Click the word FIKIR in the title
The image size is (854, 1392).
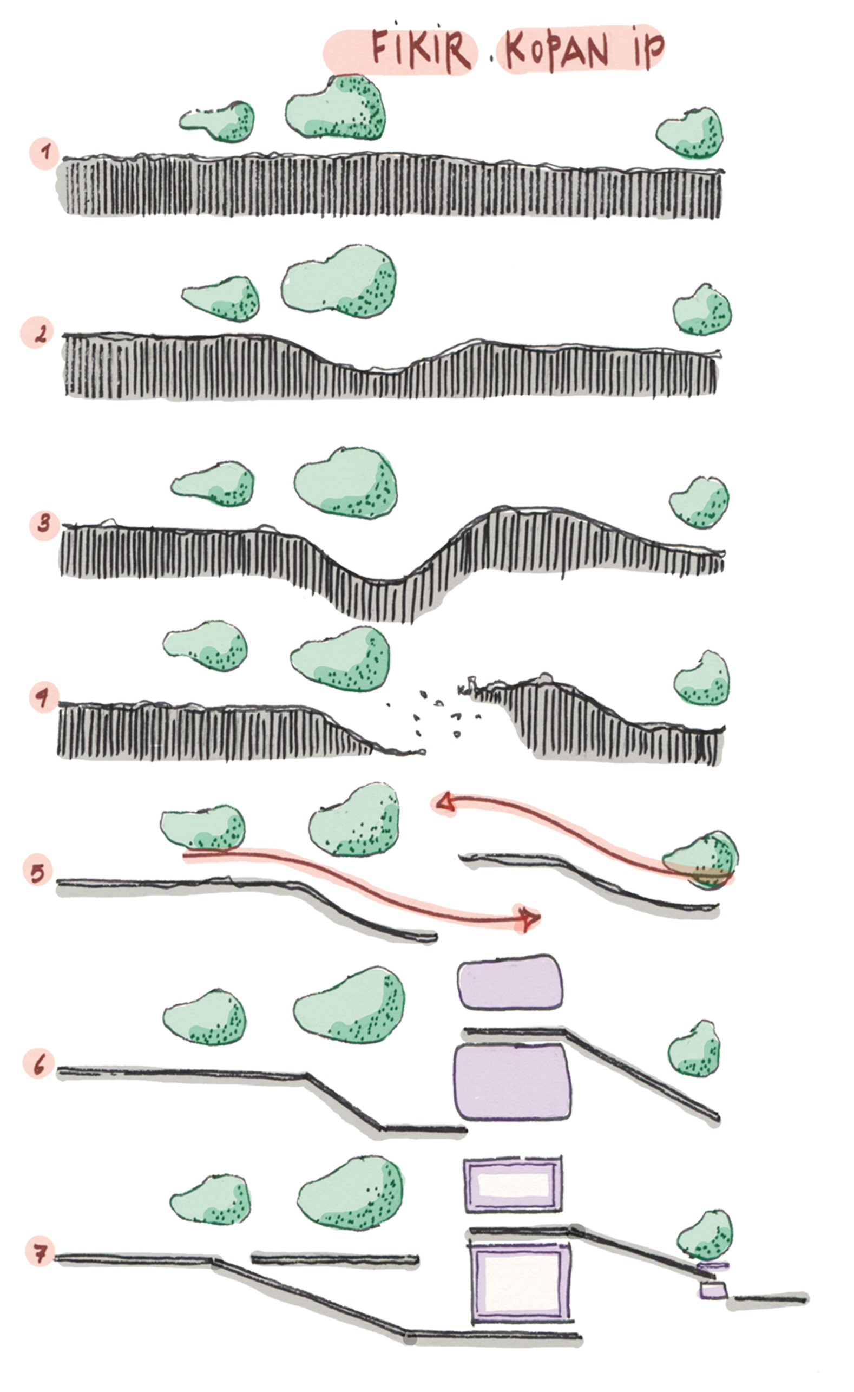tap(421, 50)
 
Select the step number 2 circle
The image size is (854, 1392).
tap(37, 333)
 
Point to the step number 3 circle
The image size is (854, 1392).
tap(44, 524)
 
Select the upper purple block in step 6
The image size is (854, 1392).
tap(510, 982)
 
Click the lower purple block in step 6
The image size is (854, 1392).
tap(513, 1082)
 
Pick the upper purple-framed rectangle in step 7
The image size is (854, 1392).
tap(513, 1185)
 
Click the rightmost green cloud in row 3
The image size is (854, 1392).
tap(699, 502)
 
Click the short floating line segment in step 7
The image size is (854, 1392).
tap(335, 1259)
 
